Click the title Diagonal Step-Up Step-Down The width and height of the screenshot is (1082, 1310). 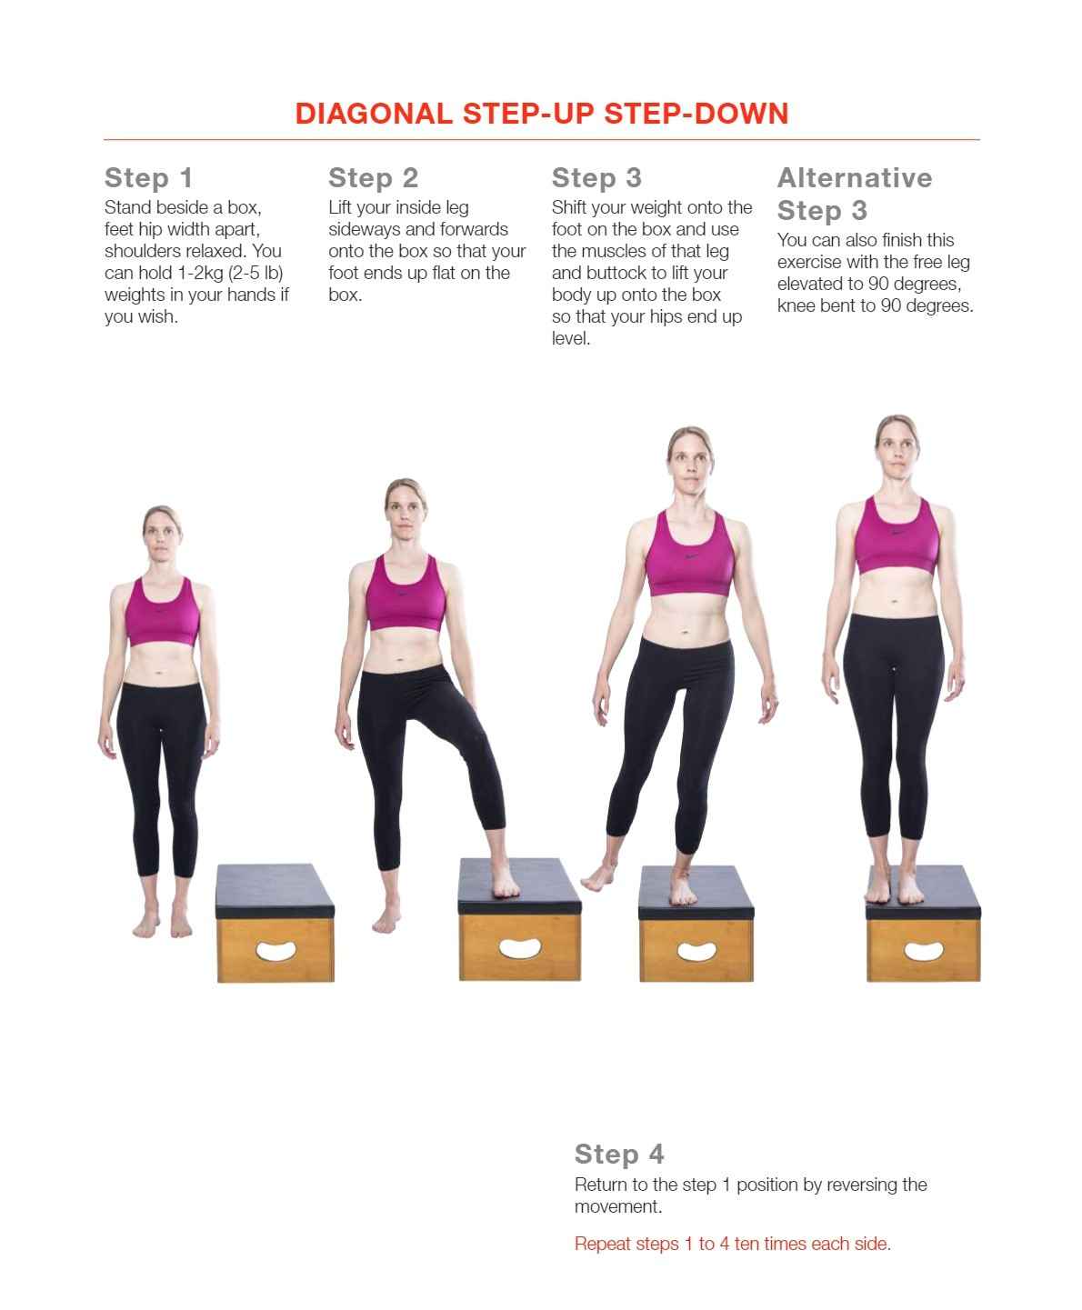(x=541, y=114)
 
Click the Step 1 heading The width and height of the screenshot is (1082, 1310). (x=148, y=177)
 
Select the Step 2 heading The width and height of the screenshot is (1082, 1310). (x=373, y=177)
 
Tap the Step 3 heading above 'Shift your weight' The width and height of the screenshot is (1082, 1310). (x=596, y=177)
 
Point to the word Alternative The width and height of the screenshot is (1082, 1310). (x=855, y=177)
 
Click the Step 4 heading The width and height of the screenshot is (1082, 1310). (x=619, y=1154)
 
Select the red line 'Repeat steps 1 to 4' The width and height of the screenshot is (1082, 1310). (x=732, y=1244)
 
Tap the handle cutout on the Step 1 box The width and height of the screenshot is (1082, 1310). (x=276, y=952)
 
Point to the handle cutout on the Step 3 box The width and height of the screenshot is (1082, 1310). (x=696, y=952)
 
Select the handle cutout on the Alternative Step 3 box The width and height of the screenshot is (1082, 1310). (x=923, y=951)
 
